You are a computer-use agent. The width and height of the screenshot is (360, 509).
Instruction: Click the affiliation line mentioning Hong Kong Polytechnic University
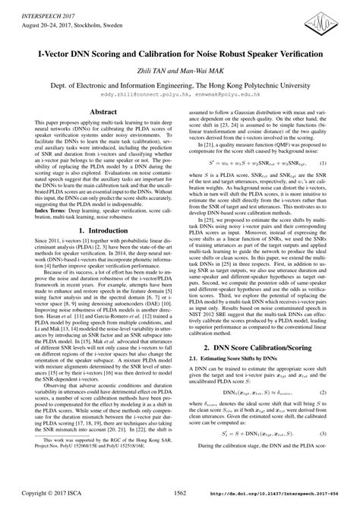pyautogui.click(x=180, y=86)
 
